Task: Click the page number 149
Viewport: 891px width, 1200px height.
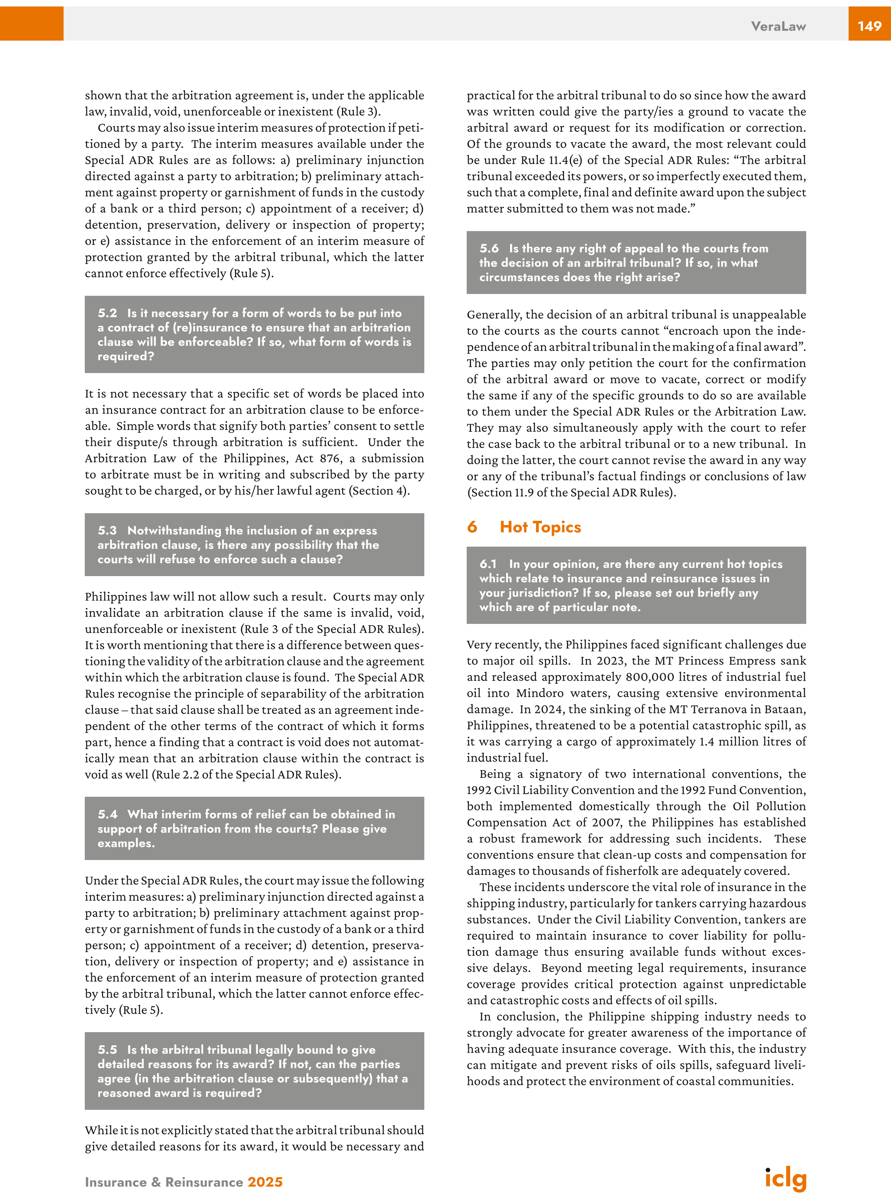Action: click(869, 26)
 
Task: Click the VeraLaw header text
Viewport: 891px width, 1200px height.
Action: click(778, 26)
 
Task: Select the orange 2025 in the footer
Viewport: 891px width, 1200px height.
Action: click(265, 1182)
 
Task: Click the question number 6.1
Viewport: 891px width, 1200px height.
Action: click(488, 564)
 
